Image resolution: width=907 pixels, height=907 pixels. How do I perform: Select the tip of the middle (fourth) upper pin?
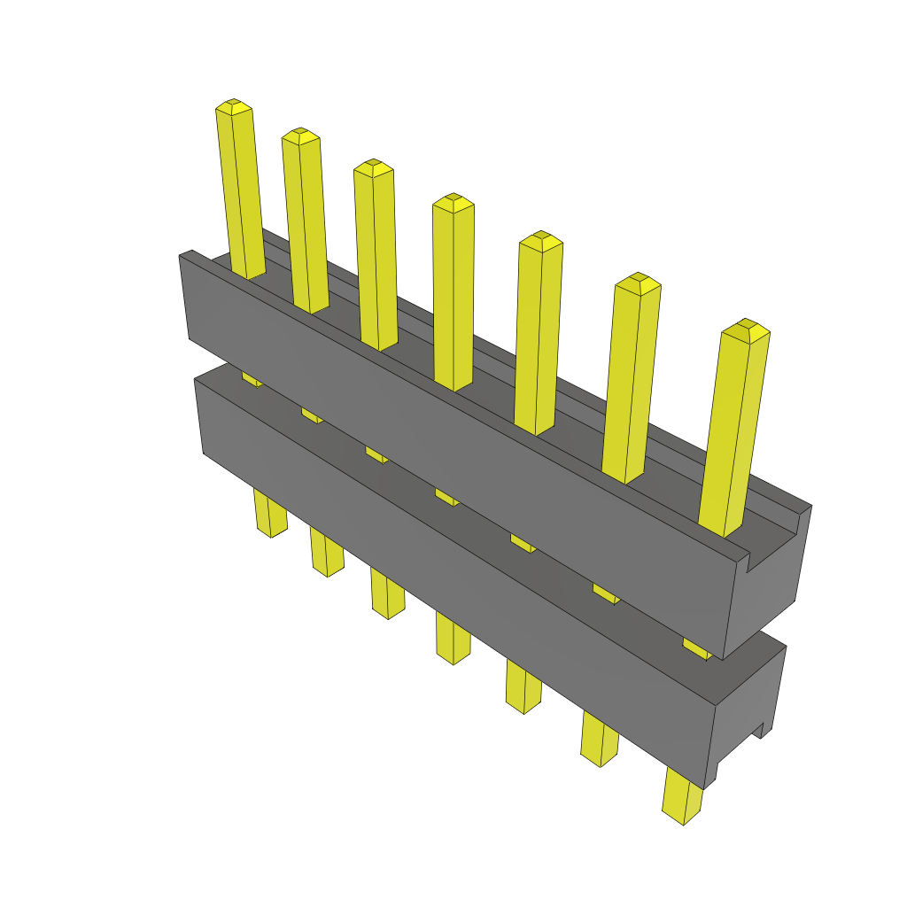click(x=453, y=203)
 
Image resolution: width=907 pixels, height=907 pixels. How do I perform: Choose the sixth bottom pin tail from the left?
click(x=600, y=740)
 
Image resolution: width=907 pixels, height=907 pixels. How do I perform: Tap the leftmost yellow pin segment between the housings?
click(x=252, y=379)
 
